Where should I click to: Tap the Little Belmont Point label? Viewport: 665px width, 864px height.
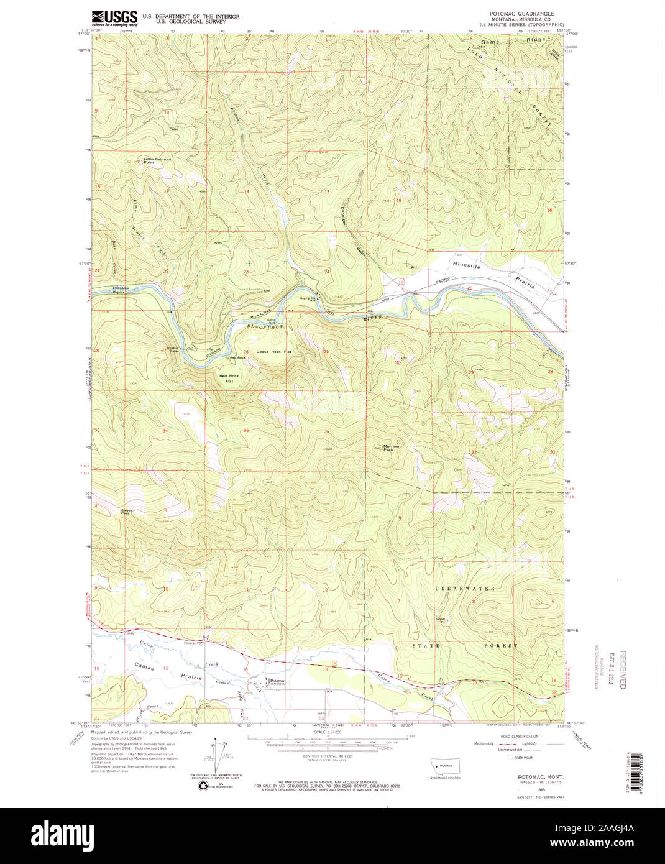(x=157, y=160)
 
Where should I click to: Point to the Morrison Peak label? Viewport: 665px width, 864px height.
(x=392, y=448)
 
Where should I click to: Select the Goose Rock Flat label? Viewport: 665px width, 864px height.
(x=270, y=352)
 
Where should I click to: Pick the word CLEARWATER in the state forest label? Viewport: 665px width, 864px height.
(x=465, y=588)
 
